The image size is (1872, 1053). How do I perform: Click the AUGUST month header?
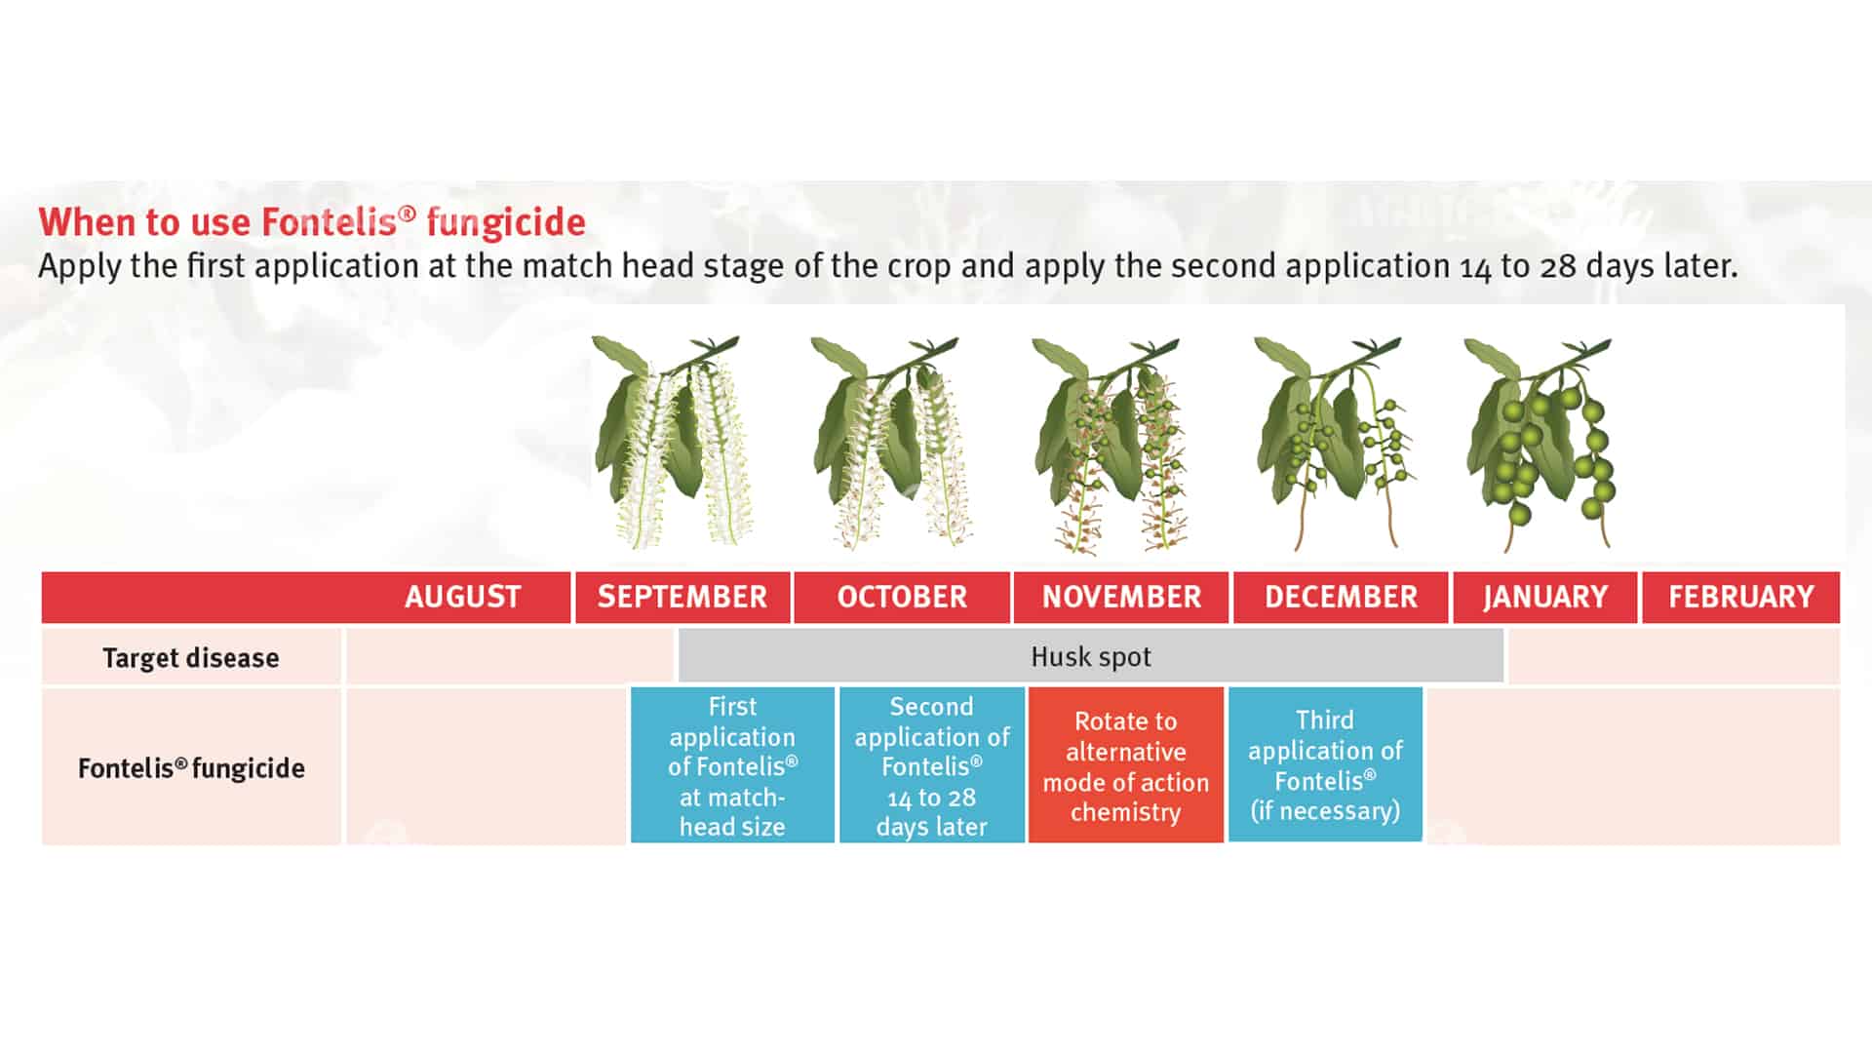463,597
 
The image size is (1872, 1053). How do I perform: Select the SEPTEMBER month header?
682,597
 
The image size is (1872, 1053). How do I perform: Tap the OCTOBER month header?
902,597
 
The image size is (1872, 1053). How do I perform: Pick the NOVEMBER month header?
1121,597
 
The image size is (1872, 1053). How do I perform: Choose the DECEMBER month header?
1341,597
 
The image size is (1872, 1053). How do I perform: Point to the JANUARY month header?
1545,597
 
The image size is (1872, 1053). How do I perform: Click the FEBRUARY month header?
1741,597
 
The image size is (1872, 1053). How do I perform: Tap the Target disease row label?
191,657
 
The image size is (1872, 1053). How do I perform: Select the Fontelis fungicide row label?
191,767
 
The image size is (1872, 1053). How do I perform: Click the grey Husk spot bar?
1091,656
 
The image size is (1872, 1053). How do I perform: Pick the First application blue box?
732,765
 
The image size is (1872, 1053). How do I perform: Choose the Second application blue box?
932,765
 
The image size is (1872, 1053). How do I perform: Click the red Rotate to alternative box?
1126,765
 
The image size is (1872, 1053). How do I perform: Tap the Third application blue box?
1325,764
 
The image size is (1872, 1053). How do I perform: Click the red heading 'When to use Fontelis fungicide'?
312,222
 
